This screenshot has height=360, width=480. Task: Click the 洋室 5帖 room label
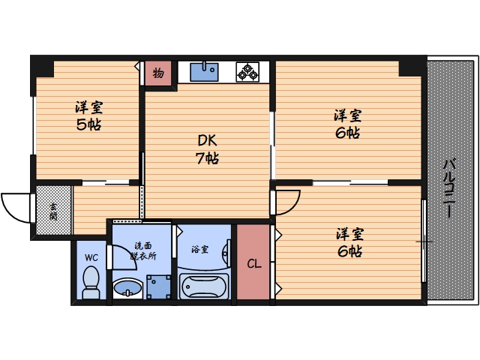click(88, 115)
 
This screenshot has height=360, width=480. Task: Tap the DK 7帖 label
click(208, 149)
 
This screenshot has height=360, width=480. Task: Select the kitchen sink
click(203, 71)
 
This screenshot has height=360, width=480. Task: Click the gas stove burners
click(248, 71)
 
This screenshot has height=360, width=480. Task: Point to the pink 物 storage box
click(158, 72)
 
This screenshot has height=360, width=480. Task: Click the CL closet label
click(254, 263)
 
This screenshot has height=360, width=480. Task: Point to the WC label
click(91, 257)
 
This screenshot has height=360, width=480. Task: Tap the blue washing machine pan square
click(158, 286)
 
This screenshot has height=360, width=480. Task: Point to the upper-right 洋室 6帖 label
click(348, 124)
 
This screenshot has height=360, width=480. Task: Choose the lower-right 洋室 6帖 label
click(348, 242)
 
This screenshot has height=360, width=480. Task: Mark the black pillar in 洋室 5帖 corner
click(42, 66)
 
